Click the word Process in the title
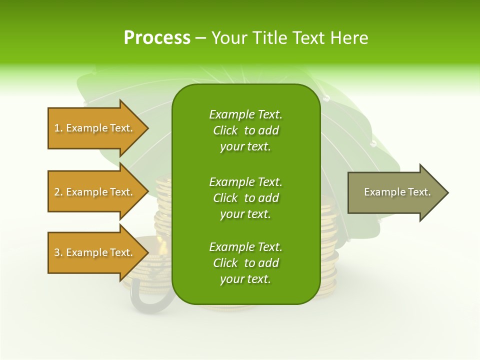pos(157,37)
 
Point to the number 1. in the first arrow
pos(58,128)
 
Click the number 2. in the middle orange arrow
pos(58,192)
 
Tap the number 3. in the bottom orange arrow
pos(58,252)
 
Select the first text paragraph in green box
pos(245,130)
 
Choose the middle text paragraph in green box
pos(245,197)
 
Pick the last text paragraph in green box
pos(245,263)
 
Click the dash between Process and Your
pos(200,38)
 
